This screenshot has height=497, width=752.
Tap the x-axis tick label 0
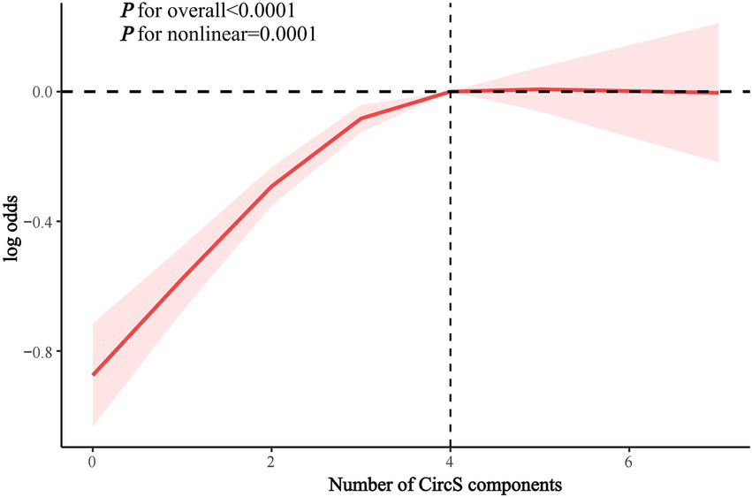(93, 463)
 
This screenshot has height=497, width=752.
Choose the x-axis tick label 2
(271, 463)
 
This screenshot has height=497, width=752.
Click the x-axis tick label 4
(451, 463)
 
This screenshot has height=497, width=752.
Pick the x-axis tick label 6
(629, 463)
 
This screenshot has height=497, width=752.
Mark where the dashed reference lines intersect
(451, 91)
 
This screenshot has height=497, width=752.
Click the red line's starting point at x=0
(93, 374)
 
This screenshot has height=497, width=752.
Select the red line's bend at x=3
(361, 118)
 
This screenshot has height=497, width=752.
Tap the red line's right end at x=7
(718, 92)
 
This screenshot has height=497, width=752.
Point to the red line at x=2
(271, 186)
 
